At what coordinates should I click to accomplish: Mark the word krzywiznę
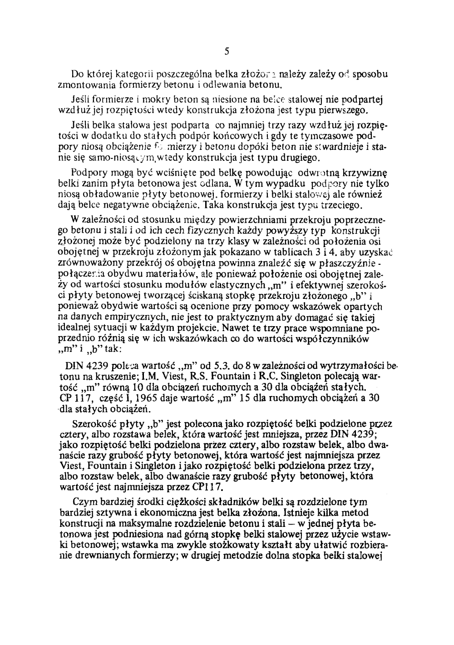(360, 174)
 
